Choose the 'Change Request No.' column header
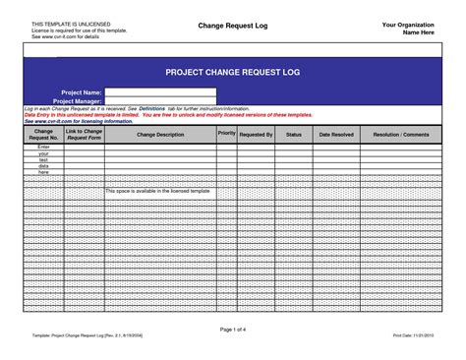pos(43,135)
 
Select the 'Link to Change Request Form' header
pos(84,135)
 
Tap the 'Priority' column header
pos(226,131)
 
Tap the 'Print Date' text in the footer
pos(413,336)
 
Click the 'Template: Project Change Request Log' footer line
pos(88,336)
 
